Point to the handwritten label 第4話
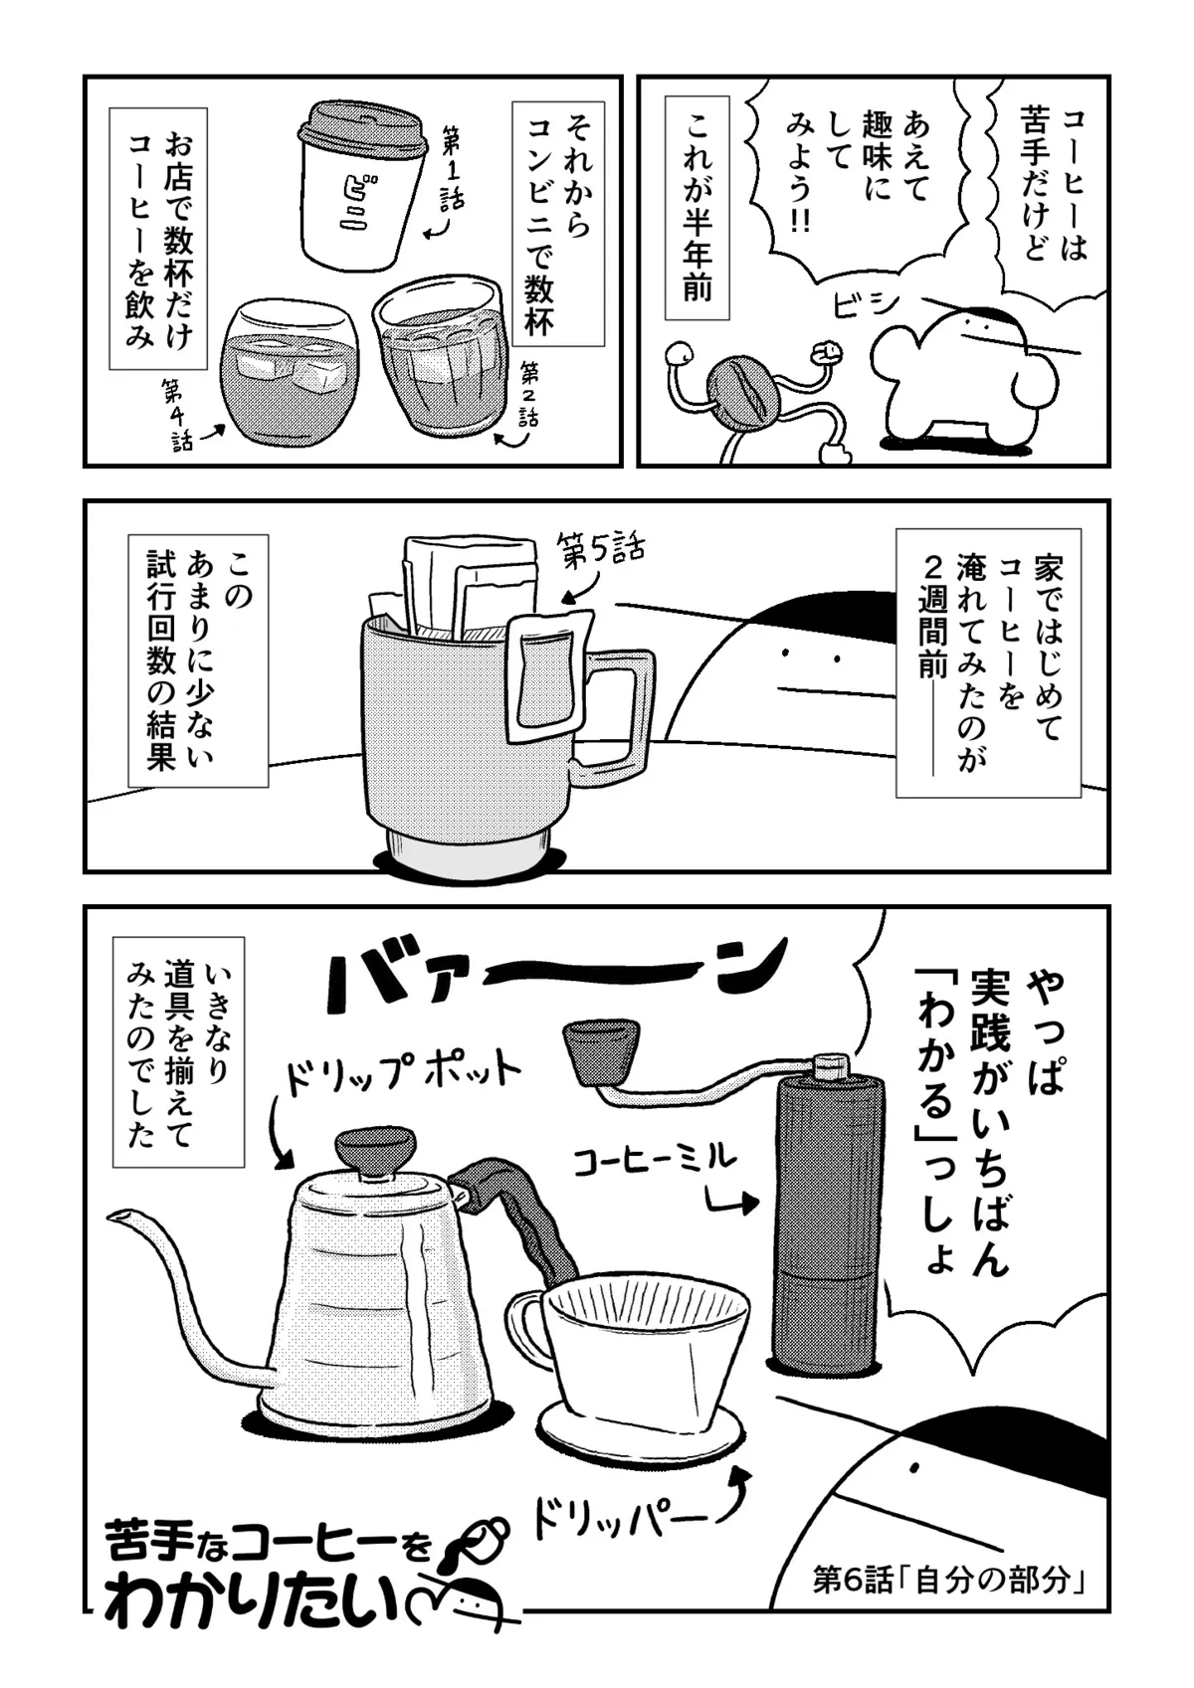[179, 415]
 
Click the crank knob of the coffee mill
[602, 1049]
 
